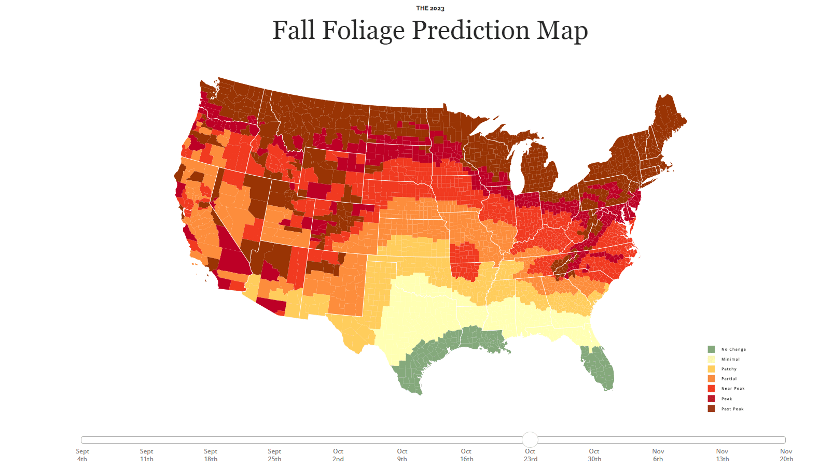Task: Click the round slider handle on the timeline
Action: click(x=530, y=440)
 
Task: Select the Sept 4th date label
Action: click(x=82, y=455)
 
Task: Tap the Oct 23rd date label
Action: click(x=530, y=455)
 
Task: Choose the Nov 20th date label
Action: click(x=786, y=455)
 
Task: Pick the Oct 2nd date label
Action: click(x=338, y=455)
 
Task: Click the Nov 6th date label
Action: click(x=658, y=455)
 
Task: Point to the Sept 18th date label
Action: click(x=211, y=455)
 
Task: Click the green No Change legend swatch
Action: click(x=711, y=349)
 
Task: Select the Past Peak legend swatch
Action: click(x=711, y=409)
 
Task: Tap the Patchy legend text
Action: click(x=729, y=369)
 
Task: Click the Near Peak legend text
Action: click(x=733, y=389)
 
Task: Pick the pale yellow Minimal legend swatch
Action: click(x=711, y=359)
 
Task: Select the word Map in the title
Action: click(x=562, y=31)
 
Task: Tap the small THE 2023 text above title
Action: click(x=430, y=8)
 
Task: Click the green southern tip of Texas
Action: click(x=410, y=378)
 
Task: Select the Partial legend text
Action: click(x=729, y=379)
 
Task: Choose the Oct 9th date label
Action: click(x=402, y=455)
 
